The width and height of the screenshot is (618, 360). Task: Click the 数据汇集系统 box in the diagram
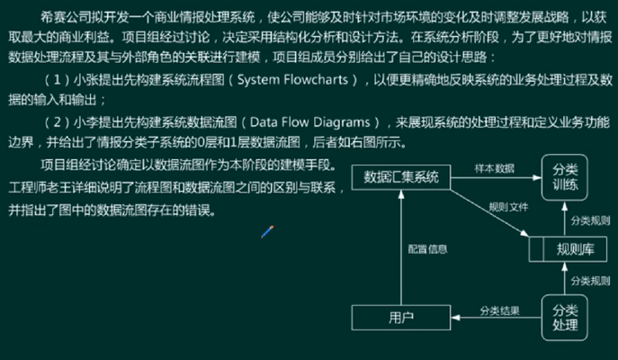coord(407,177)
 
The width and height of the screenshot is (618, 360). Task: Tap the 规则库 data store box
coord(574,248)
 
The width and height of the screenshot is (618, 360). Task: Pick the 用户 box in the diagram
coord(401,317)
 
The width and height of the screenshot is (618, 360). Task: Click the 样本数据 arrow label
coord(494,167)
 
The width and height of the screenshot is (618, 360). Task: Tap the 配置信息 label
coord(427,248)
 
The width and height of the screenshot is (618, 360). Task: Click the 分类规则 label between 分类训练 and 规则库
coord(590,220)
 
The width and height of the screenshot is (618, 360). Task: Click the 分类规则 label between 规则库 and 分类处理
coord(590,280)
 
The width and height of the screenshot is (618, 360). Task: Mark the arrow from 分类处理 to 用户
coord(495,318)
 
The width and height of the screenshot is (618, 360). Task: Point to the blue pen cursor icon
coord(266,231)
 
